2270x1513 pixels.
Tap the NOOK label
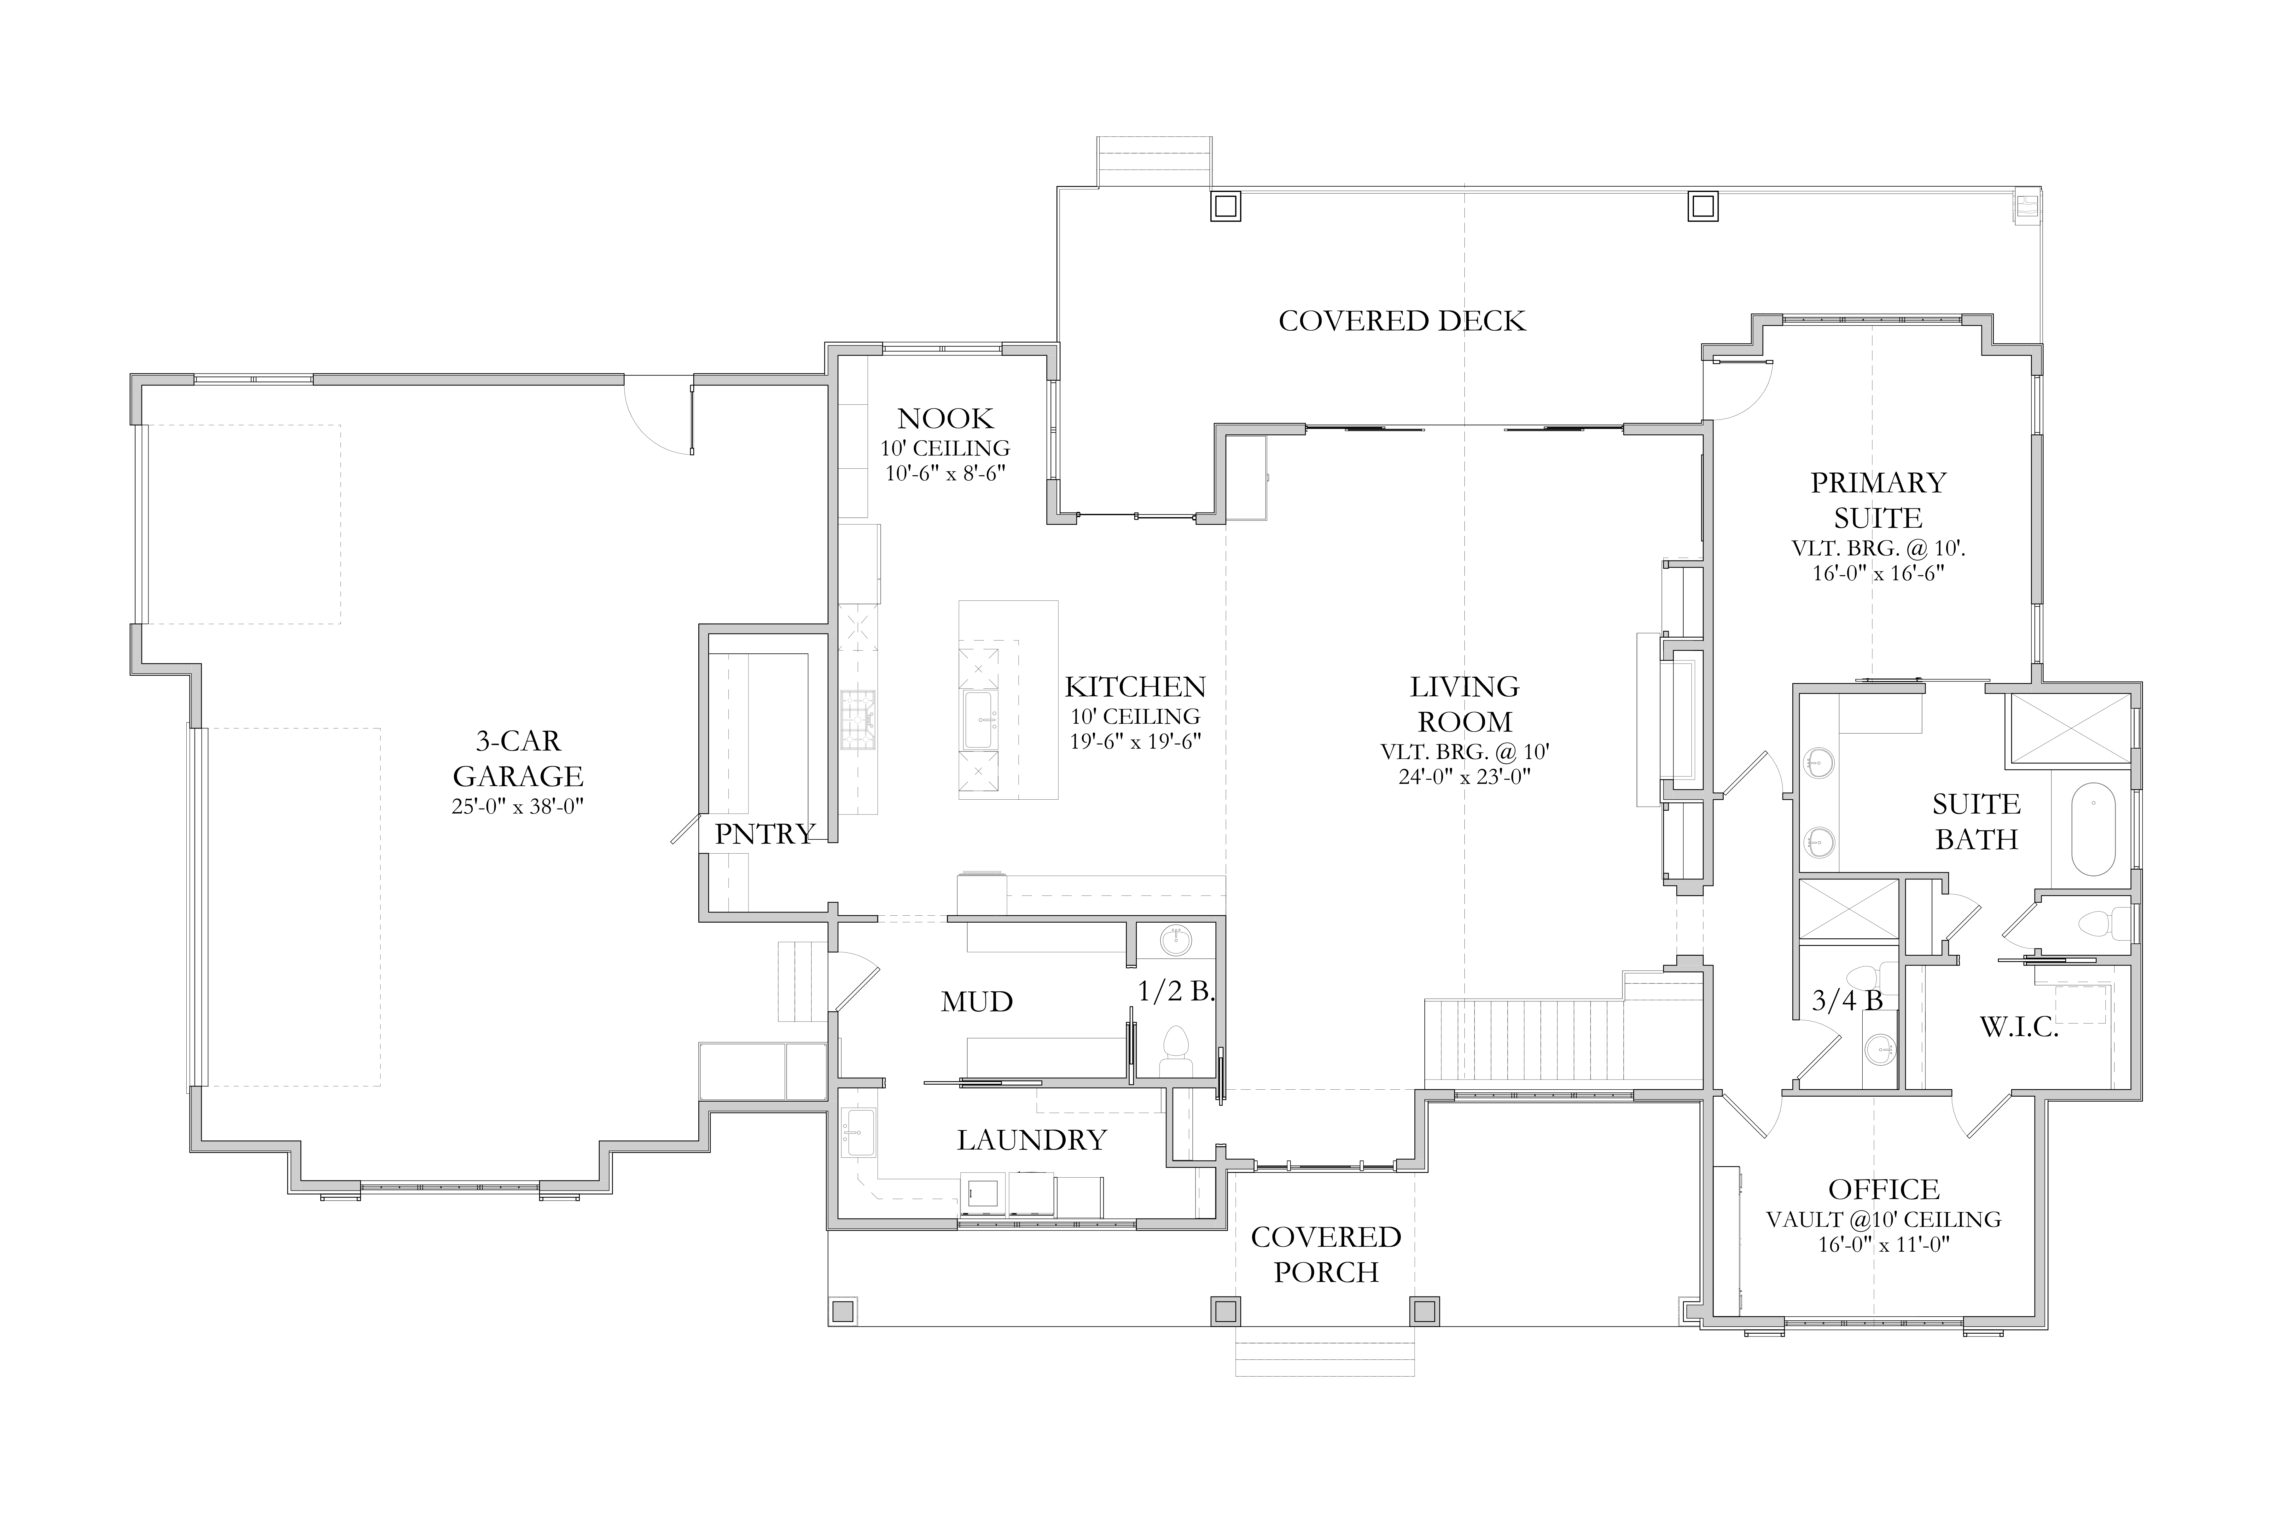(945, 419)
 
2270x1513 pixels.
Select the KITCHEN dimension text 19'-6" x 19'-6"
(1135, 742)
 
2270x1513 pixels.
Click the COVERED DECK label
(1402, 321)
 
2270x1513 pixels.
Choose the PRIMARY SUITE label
(1878, 500)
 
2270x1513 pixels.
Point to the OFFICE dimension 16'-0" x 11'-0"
(1884, 1245)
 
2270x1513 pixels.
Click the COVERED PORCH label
(1326, 1255)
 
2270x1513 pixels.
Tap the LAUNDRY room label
(1032, 1140)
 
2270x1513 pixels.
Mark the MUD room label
(977, 1003)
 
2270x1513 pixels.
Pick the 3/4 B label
(1847, 1000)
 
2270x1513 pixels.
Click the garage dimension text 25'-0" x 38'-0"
(518, 807)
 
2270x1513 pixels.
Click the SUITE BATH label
(1976, 822)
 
